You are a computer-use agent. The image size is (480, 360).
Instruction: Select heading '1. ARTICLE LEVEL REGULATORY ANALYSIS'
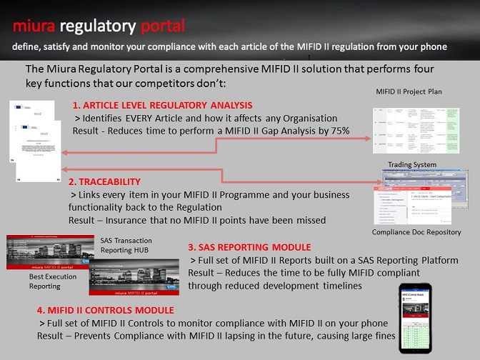click(x=162, y=105)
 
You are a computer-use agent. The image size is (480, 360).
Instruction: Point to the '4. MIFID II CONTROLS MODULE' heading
click(x=105, y=311)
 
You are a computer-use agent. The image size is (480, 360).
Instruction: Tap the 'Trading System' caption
click(x=412, y=165)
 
